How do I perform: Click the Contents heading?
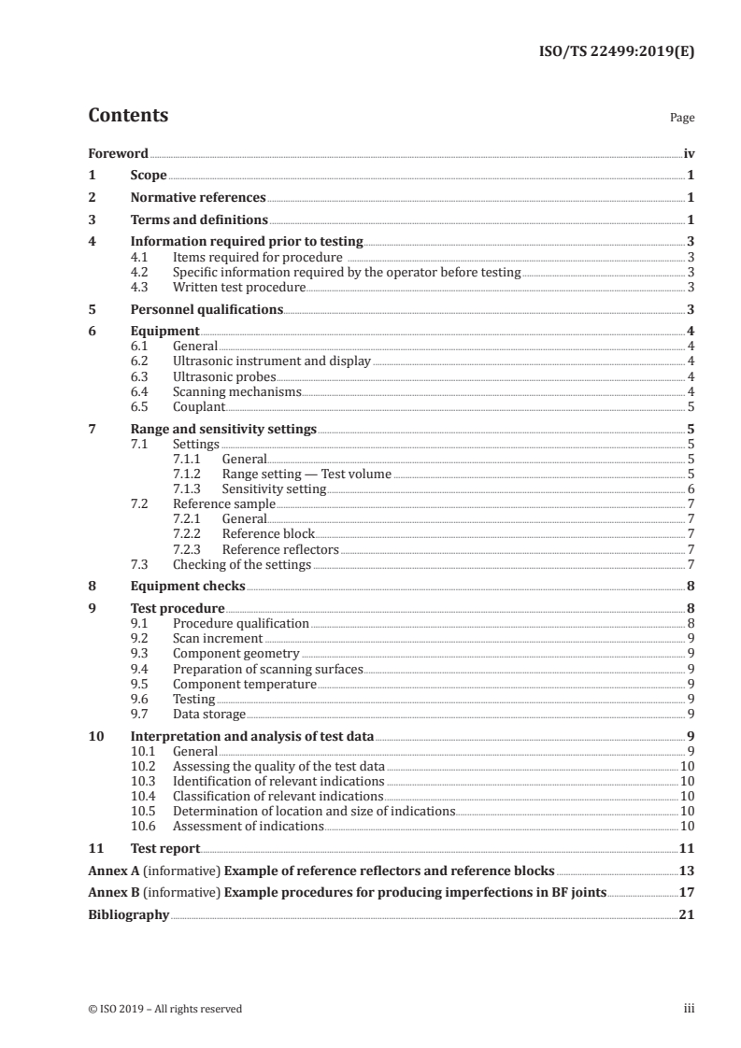[x=128, y=116]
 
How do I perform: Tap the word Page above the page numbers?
[x=682, y=119]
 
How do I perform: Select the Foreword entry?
[x=118, y=153]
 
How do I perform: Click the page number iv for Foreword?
[x=689, y=153]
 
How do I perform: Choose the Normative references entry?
[x=198, y=198]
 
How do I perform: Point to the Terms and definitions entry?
[x=199, y=220]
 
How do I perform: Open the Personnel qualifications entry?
[x=207, y=309]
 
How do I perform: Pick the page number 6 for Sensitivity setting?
[x=690, y=489]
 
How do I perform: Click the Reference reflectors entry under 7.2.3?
[x=280, y=549]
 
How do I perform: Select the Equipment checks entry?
[x=188, y=587]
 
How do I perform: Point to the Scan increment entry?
[x=218, y=639]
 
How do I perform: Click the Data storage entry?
[x=209, y=714]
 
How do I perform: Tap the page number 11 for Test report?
[x=687, y=848]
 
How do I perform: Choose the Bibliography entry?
[x=128, y=914]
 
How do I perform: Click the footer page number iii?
[x=688, y=1009]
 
